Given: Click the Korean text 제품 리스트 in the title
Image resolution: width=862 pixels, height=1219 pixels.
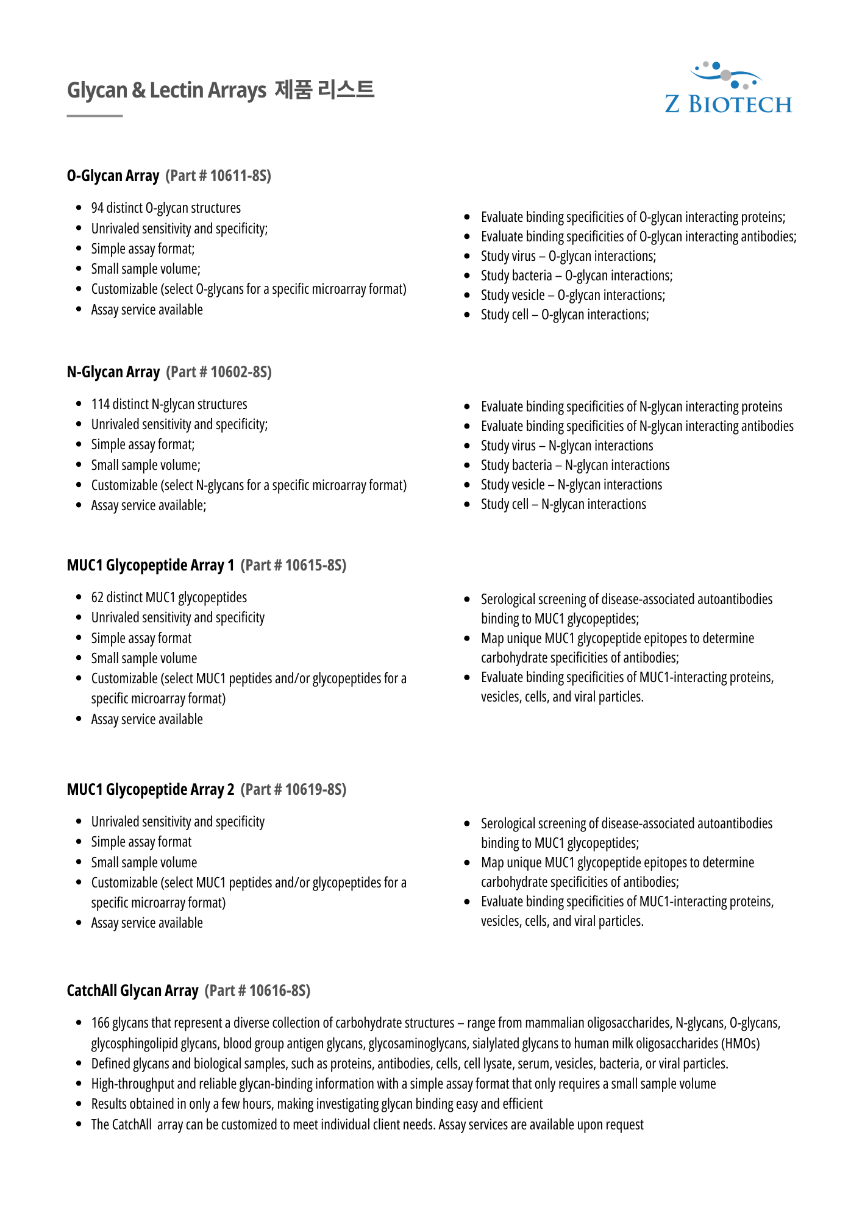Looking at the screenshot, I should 324,90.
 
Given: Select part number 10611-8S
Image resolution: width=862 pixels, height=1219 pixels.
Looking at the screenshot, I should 240,176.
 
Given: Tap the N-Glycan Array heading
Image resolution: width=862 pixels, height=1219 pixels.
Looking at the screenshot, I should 113,372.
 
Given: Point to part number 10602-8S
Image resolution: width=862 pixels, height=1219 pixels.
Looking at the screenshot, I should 240,372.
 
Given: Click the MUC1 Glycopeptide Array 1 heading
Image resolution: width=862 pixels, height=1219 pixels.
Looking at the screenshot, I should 151,566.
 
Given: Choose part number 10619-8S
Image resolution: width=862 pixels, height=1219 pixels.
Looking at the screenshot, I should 315,790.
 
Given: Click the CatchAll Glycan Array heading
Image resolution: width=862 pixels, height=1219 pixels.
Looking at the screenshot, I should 132,991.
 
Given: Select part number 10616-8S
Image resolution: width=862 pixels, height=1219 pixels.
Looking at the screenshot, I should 279,991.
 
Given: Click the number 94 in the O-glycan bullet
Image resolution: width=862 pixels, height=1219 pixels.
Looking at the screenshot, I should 98,208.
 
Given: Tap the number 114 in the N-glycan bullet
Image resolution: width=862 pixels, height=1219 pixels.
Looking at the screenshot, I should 100,405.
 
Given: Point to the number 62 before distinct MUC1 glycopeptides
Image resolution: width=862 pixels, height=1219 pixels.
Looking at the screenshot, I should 98,598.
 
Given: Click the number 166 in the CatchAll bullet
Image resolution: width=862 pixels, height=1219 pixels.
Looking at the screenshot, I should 100,1023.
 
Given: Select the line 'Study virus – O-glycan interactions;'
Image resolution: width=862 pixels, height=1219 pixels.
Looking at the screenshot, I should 568,257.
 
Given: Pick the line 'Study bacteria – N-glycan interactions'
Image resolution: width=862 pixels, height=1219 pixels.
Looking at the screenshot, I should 575,466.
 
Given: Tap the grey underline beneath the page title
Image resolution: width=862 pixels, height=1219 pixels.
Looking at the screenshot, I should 94,116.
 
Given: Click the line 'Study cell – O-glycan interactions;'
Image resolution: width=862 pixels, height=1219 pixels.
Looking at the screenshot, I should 565,315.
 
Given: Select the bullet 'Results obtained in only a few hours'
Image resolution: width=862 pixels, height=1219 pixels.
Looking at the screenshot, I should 316,1104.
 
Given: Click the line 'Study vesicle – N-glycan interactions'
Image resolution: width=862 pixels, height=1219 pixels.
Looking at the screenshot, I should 571,485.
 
